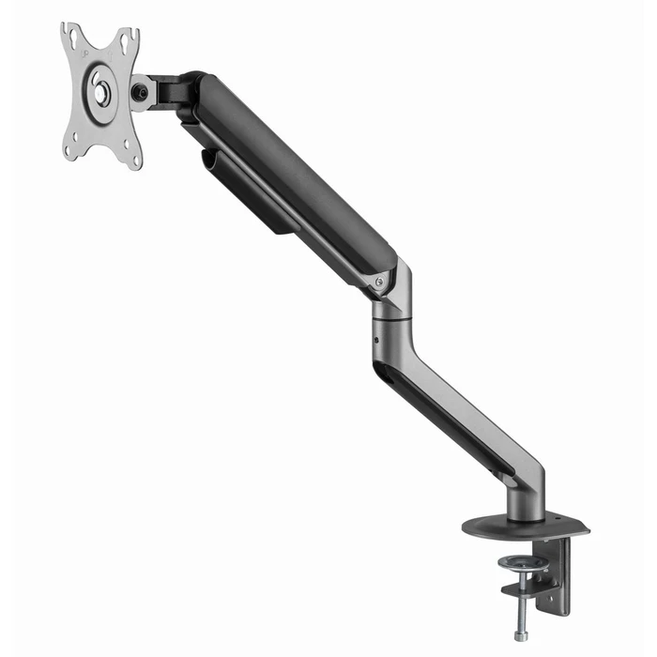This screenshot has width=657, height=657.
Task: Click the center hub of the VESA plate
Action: [x=101, y=93]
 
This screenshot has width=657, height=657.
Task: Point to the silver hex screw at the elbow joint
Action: [x=379, y=281]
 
